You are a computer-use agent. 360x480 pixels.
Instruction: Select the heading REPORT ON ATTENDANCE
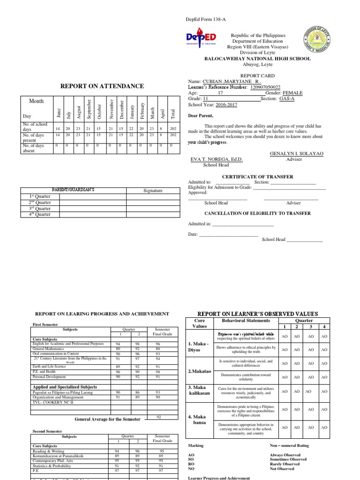pyautogui.click(x=102, y=86)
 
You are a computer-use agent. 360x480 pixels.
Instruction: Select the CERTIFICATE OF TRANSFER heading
pyautogui.click(x=257, y=177)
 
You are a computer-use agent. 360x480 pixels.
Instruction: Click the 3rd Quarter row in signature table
pyautogui.click(x=40, y=209)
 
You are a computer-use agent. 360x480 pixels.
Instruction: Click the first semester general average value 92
pyautogui.click(x=159, y=417)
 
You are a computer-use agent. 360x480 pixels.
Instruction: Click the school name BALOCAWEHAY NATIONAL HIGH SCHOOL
pyautogui.click(x=256, y=59)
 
